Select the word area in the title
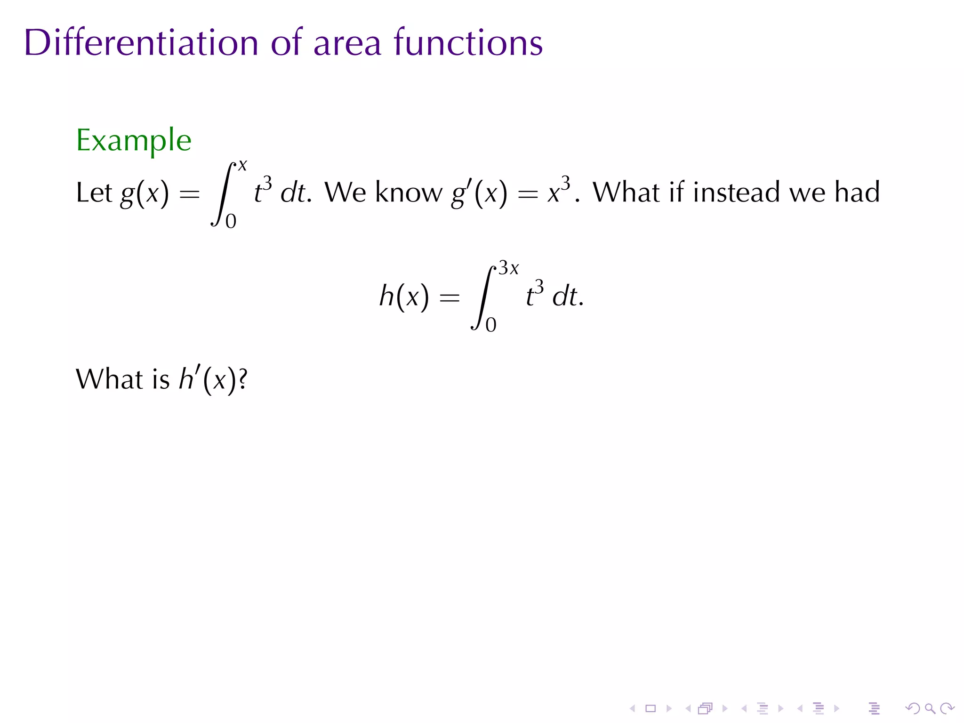coord(347,43)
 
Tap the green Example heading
coord(134,140)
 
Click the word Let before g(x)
coord(94,193)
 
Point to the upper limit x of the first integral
coord(242,166)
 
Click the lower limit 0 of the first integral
coord(231,221)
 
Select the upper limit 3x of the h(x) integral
coord(509,268)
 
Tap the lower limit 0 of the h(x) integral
coord(491,325)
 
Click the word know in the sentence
coord(409,193)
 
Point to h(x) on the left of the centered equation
coord(404,297)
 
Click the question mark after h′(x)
coord(243,379)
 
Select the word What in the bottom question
coord(110,379)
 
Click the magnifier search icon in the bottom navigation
coord(930,708)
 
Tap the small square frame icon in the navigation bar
coord(651,708)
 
